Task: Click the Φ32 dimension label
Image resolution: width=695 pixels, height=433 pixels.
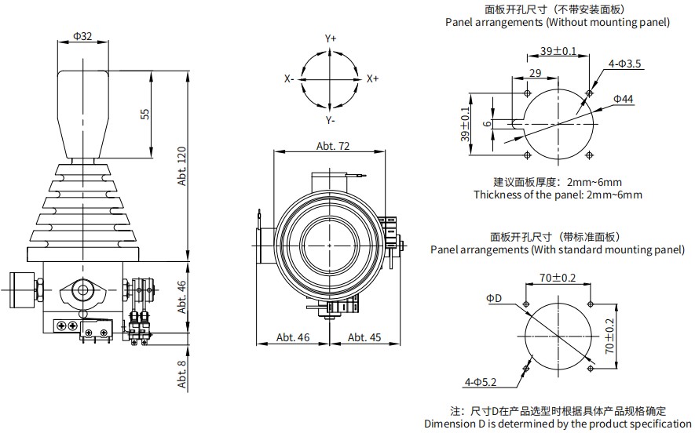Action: click(x=82, y=36)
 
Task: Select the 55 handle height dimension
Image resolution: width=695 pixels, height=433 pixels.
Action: click(x=144, y=114)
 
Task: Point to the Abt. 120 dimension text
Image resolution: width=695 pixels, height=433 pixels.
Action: click(x=183, y=167)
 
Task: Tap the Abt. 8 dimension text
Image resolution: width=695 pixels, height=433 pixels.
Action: click(x=182, y=373)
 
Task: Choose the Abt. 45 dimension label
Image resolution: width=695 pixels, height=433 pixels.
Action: click(x=364, y=337)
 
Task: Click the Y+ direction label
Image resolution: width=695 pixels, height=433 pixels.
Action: click(x=331, y=38)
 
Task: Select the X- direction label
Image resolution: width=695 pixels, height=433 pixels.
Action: click(x=289, y=79)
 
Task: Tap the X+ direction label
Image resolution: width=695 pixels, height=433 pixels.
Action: click(x=372, y=79)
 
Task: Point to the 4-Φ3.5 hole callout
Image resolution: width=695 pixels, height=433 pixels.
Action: click(x=625, y=63)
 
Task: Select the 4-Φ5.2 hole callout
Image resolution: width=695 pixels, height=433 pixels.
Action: click(x=481, y=382)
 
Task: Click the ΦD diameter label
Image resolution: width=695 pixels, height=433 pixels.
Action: click(x=493, y=298)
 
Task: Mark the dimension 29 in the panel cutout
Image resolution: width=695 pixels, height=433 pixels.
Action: click(x=535, y=73)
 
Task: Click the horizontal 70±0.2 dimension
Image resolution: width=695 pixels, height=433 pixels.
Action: click(x=558, y=278)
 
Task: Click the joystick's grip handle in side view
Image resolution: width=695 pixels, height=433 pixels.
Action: click(x=82, y=110)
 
